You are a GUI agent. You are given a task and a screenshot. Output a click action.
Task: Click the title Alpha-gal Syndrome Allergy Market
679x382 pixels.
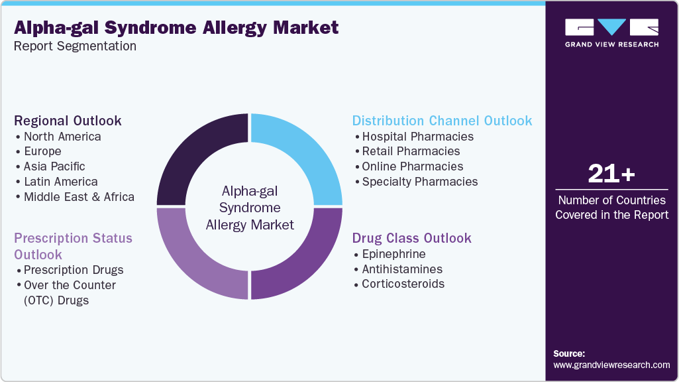pyautogui.click(x=176, y=27)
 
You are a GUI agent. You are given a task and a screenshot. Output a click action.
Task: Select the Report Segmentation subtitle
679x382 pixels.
pyautogui.click(x=76, y=46)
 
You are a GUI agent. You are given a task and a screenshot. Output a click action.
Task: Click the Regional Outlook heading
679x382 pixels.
pyautogui.click(x=68, y=121)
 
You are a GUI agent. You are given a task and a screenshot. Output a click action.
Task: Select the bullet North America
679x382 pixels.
pyautogui.click(x=62, y=137)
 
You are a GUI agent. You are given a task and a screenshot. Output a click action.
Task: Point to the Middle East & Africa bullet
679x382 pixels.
pyautogui.click(x=79, y=197)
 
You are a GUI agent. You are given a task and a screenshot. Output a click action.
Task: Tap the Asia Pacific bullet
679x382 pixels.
pyautogui.click(x=54, y=166)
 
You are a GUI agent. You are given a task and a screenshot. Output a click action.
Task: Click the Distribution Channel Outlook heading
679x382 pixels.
pyautogui.click(x=442, y=121)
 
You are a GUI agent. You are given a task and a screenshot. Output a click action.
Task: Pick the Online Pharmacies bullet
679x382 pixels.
pyautogui.click(x=413, y=166)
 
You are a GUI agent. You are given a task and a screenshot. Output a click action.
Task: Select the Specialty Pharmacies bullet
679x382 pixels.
pyautogui.click(x=419, y=182)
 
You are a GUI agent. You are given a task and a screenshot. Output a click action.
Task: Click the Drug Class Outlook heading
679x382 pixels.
pyautogui.click(x=411, y=238)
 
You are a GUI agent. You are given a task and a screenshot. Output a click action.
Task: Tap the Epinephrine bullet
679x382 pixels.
pyautogui.click(x=393, y=254)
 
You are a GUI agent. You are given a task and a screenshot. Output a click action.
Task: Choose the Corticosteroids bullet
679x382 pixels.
pyautogui.click(x=403, y=284)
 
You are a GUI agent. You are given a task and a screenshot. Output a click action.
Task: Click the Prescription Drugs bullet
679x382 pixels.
pyautogui.click(x=74, y=270)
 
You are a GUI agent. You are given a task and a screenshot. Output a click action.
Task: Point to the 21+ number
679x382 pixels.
pyautogui.click(x=611, y=174)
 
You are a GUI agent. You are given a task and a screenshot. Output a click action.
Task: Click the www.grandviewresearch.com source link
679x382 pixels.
pyautogui.click(x=611, y=365)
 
